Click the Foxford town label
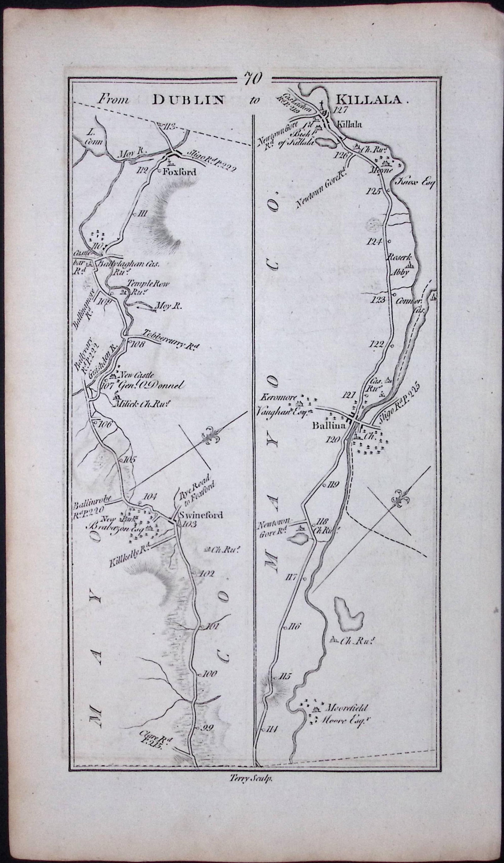click(180, 172)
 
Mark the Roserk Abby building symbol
click(409, 265)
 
